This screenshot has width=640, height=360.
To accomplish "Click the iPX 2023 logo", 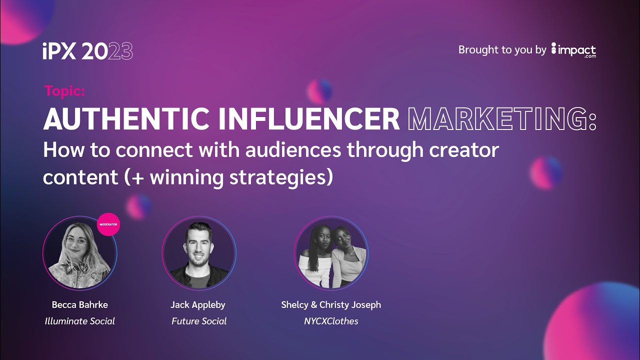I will click(x=88, y=51).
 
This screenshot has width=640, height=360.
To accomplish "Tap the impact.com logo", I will click(x=573, y=50).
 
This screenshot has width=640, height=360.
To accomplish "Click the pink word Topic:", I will click(x=65, y=90).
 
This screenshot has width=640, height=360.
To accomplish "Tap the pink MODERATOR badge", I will click(x=108, y=224).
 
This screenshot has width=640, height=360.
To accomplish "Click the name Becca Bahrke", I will click(x=80, y=304).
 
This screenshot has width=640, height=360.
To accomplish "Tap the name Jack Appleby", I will click(x=199, y=304).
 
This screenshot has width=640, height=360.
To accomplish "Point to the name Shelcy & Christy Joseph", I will click(x=331, y=304).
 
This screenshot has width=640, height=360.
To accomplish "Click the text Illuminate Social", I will click(x=80, y=321).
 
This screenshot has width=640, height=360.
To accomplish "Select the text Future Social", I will click(x=199, y=321).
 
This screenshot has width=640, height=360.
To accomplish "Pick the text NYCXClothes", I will click(x=331, y=321).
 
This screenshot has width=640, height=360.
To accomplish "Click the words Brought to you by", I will click(x=502, y=50).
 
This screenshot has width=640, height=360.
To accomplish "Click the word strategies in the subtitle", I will click(x=279, y=177).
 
